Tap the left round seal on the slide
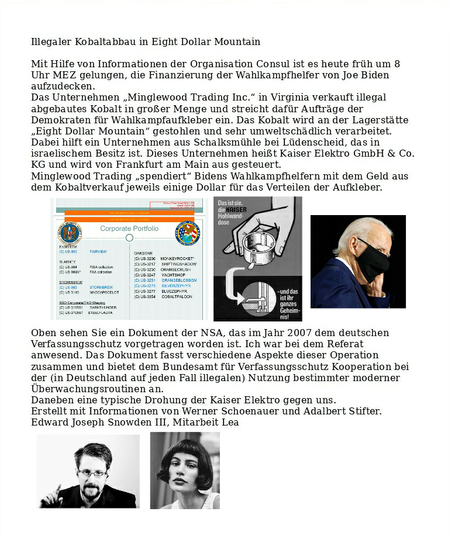click(70, 233)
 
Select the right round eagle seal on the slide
click(187, 233)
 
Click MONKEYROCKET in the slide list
click(177, 258)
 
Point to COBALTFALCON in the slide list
click(178, 297)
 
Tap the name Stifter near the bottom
click(363, 411)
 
